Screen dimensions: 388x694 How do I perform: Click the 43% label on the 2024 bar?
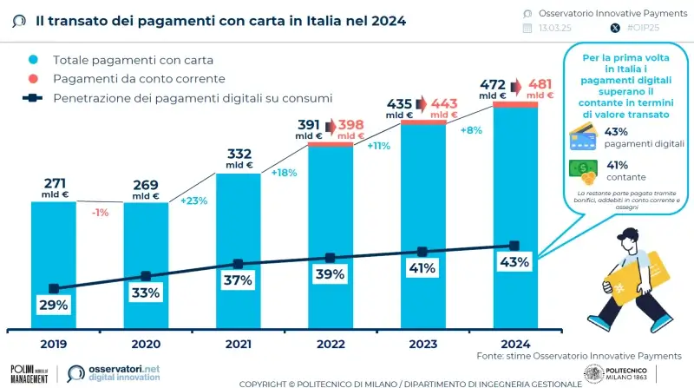pyautogui.click(x=514, y=262)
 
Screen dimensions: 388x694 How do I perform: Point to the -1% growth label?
pyautogui.click(x=101, y=213)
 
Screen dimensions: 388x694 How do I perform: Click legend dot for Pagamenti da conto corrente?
pyautogui.click(x=32, y=79)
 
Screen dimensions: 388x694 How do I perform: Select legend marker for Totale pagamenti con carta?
pyautogui.click(x=32, y=60)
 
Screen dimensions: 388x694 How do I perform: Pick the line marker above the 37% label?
pyautogui.click(x=238, y=264)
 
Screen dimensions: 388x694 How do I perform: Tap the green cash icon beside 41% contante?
pyautogui.click(x=582, y=170)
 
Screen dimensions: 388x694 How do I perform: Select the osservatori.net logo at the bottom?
pyautogui.click(x=115, y=372)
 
